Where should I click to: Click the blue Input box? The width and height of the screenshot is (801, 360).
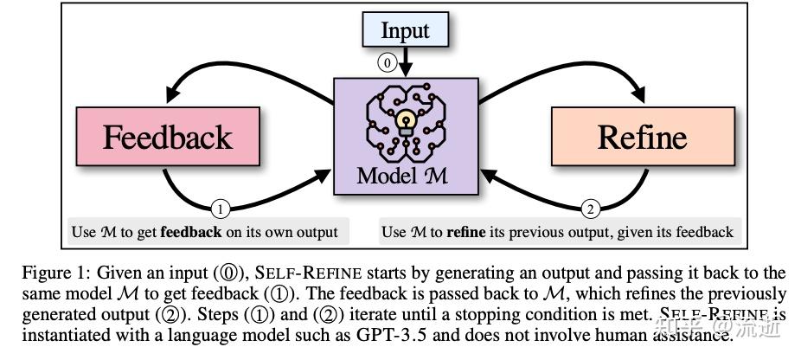(405, 31)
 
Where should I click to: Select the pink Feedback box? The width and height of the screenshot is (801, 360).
(168, 138)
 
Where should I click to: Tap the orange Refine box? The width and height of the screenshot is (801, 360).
(641, 138)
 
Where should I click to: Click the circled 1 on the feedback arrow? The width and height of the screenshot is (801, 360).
(221, 208)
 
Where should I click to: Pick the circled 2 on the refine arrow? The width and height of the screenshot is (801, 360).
(590, 208)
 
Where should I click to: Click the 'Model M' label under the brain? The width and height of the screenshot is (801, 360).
(404, 175)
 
